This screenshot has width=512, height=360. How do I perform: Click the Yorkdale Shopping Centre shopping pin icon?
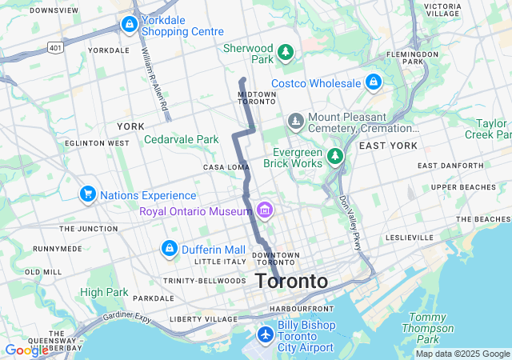pos(129,25)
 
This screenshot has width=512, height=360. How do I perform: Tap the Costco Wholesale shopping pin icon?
pos(373,82)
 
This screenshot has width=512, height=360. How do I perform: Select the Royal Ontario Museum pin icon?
pos(265,210)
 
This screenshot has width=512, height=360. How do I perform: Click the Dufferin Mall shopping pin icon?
pos(170,249)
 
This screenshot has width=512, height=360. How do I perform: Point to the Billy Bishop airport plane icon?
pos(266,333)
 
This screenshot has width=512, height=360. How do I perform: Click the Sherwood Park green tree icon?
pos(286,53)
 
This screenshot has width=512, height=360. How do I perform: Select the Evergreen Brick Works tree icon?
pos(336,155)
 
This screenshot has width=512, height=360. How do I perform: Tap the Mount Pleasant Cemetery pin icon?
pos(296,122)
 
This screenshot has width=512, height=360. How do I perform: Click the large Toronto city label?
pos(291,282)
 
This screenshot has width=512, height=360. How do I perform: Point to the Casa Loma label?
pos(227,167)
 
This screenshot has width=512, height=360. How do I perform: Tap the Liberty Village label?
pos(203,319)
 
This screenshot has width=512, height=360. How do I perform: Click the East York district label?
pos(388,146)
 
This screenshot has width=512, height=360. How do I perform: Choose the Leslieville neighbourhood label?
pos(410,238)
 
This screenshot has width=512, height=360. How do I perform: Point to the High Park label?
pos(103,292)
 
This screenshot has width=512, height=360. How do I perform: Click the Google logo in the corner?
pos(26,350)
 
